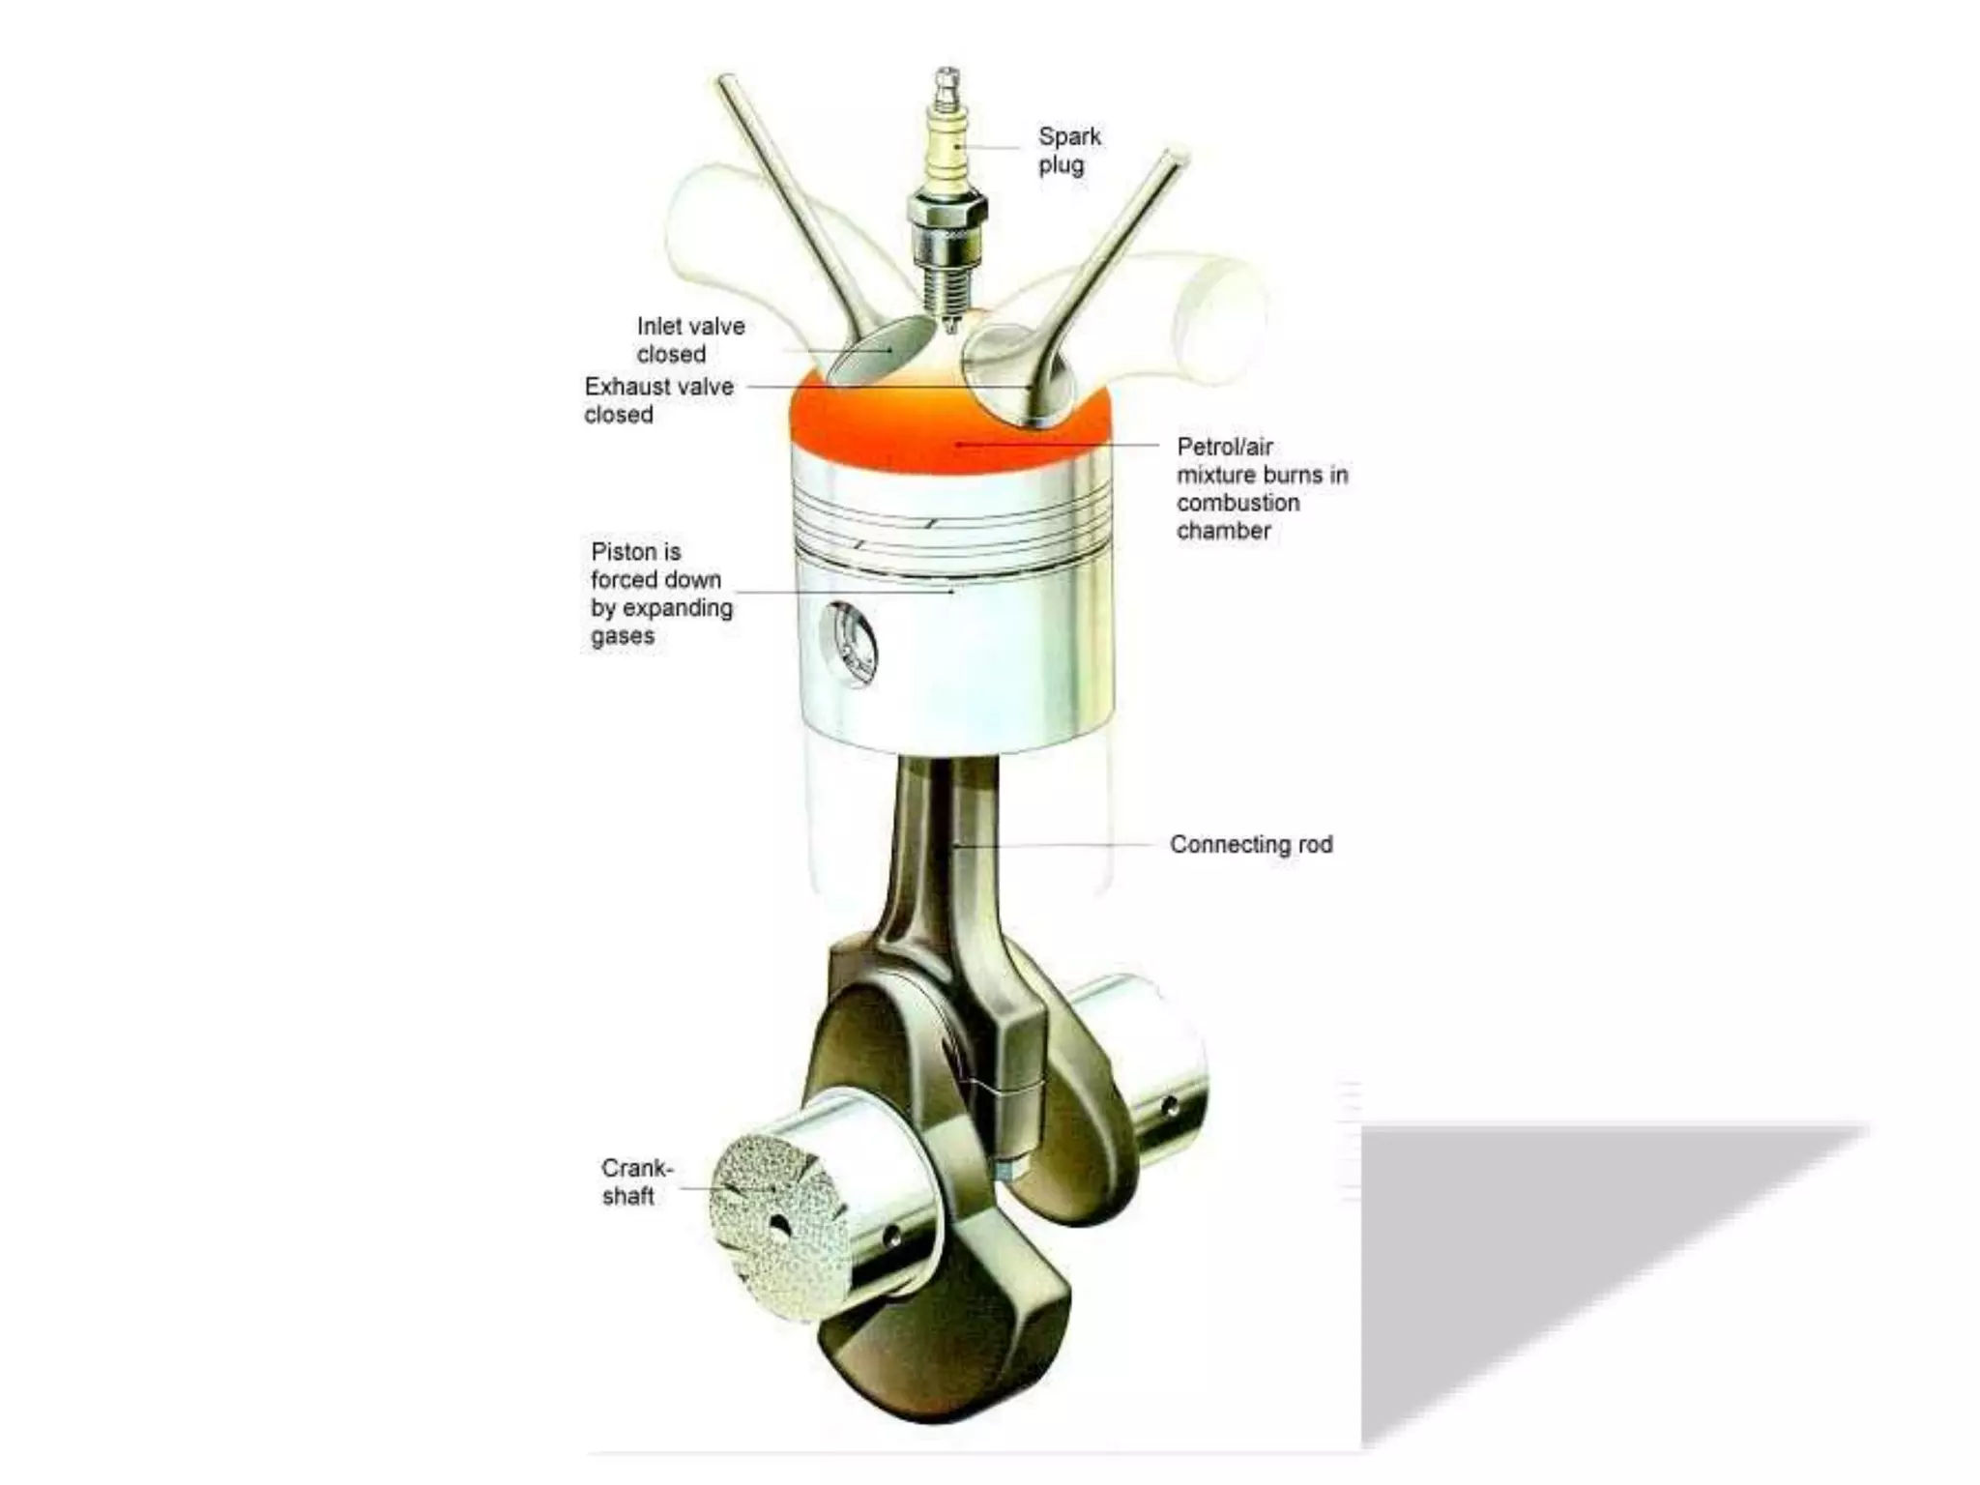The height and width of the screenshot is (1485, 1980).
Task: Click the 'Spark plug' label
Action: pyautogui.click(x=1068, y=150)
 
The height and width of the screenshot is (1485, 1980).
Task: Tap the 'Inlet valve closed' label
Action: pyautogui.click(x=689, y=339)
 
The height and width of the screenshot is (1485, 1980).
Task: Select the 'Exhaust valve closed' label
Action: pyautogui.click(x=658, y=400)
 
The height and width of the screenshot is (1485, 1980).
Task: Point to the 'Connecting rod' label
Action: pyautogui.click(x=1250, y=844)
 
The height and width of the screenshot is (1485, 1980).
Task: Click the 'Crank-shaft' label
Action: pyautogui.click(x=635, y=1181)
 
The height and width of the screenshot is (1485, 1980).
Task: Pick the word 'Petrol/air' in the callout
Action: pyautogui.click(x=1224, y=447)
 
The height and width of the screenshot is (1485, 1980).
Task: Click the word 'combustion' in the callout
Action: pyautogui.click(x=1237, y=503)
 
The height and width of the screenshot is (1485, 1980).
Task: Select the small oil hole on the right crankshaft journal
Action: pyautogui.click(x=1171, y=1105)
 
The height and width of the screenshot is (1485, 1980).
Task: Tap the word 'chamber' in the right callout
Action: pyautogui.click(x=1223, y=531)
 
